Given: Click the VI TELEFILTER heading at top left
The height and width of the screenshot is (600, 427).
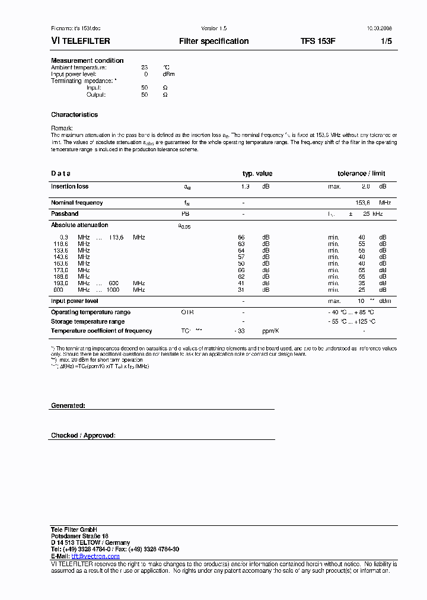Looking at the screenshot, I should pos(81,42).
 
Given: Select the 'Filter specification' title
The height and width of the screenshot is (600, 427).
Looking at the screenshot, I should pos(213,42).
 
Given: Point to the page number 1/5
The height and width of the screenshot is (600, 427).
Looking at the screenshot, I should pos(386,42).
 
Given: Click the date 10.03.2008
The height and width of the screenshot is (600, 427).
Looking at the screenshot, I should pos(376,28).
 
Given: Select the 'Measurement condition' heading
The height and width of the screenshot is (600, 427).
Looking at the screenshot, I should pos(87,60).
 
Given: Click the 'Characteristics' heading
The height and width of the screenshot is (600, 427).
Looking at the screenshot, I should pos(74,114).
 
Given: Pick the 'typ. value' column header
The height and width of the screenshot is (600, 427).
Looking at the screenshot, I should pos(257,174).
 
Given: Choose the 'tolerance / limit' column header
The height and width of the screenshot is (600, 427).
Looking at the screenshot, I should pos(361,174).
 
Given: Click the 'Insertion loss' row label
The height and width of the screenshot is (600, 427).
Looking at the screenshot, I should pos(69,187).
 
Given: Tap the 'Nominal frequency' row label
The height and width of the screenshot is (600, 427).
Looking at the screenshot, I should pos(77,203).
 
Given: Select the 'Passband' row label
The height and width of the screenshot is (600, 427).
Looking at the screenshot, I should pos(65,213).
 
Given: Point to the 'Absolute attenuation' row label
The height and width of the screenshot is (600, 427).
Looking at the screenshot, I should pos(79,225).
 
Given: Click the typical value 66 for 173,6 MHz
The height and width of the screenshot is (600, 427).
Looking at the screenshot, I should pos(241,270).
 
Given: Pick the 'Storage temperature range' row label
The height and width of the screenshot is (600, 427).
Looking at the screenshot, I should pos(87,321).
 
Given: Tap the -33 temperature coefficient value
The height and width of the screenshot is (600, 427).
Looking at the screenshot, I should pos(240,331).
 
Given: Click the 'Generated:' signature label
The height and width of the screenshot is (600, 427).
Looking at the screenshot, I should pos(68,406).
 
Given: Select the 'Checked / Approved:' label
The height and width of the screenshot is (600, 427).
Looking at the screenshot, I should pos(83,436).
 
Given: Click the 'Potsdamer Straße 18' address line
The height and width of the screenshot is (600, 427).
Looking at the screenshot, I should pos(79,536).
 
